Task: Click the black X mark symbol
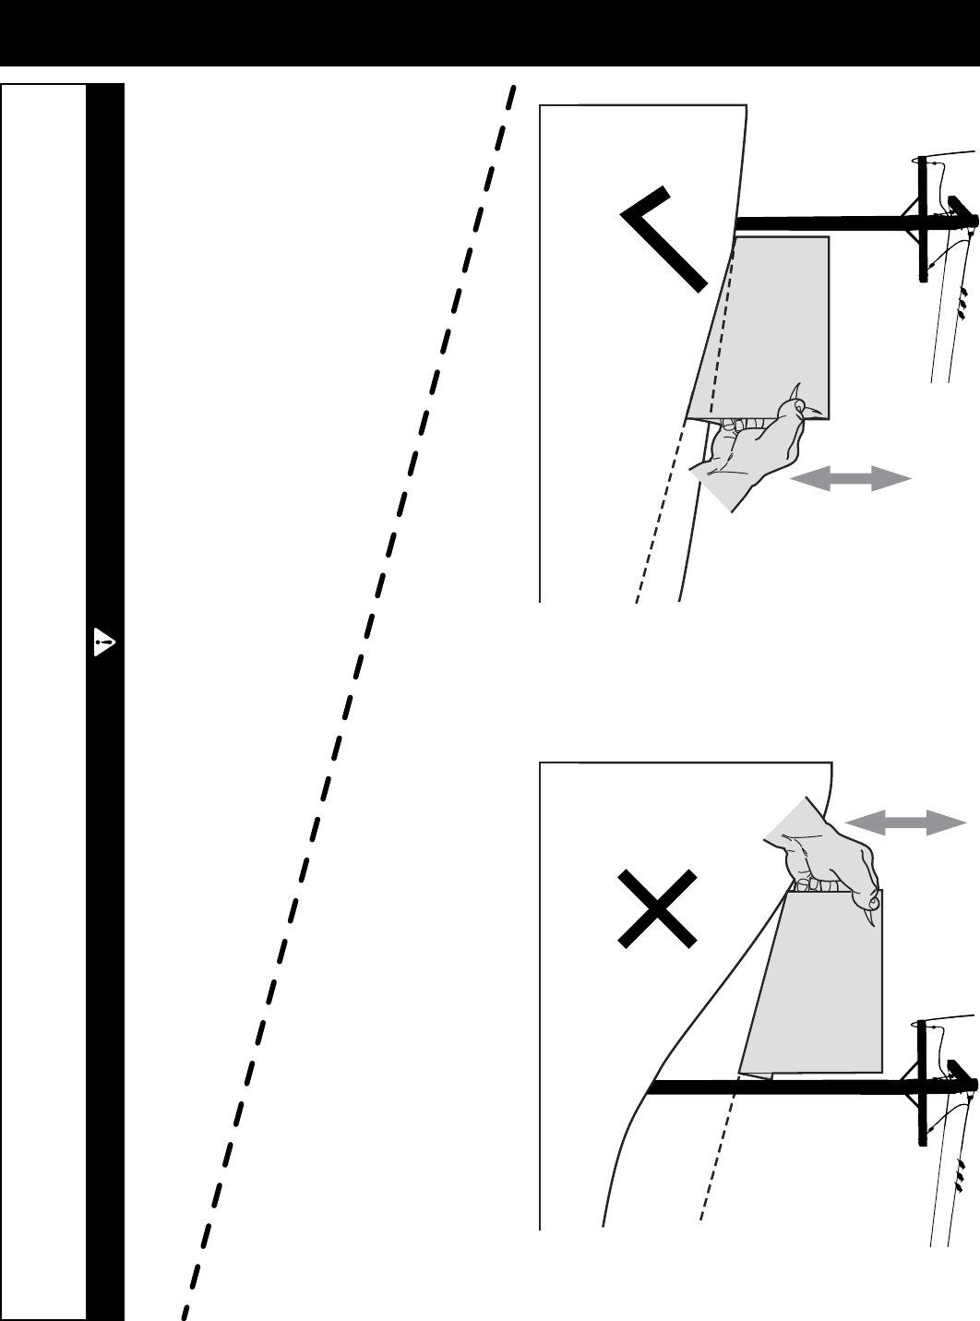click(x=656, y=907)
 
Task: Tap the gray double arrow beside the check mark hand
click(x=851, y=478)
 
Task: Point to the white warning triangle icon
click(x=104, y=642)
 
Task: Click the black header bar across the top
click(x=490, y=32)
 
